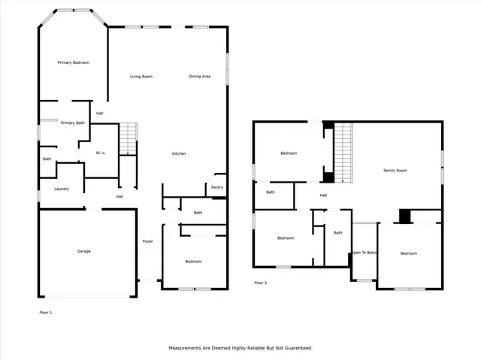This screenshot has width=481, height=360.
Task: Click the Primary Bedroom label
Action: [74, 62]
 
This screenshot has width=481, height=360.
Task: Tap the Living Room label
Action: [141, 77]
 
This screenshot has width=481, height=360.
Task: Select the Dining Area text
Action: [199, 77]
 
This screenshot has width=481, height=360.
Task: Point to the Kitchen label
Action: [179, 154]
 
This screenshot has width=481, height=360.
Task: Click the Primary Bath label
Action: [72, 123]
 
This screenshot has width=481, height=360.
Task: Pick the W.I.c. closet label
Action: [101, 153]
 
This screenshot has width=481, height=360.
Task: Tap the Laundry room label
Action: [62, 189]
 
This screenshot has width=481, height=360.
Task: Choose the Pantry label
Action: [217, 187]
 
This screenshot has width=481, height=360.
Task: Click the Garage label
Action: [83, 251]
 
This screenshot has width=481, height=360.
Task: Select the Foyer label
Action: [148, 241]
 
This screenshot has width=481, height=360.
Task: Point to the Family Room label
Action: [395, 171]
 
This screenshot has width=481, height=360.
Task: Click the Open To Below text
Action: [365, 253]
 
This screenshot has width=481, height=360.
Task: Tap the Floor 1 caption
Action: [46, 311]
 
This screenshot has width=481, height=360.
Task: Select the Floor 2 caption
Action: [261, 283]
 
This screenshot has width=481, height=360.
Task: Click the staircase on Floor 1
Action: [130, 139]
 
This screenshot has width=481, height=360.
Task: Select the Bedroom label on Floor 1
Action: [193, 262]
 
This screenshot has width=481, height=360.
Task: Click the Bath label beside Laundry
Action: [47, 159]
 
